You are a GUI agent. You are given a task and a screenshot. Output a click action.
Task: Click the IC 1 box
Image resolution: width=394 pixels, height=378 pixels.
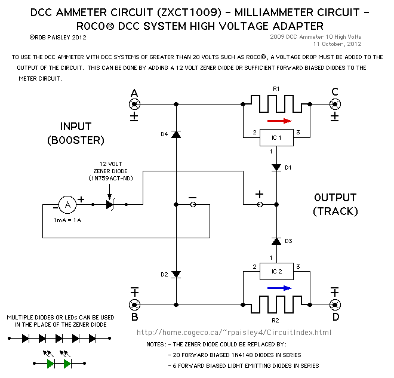tap(275, 138)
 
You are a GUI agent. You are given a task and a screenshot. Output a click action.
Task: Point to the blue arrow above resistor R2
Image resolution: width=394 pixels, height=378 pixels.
tap(279, 288)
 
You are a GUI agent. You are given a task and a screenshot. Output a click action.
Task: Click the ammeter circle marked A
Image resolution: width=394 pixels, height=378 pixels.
tap(67, 205)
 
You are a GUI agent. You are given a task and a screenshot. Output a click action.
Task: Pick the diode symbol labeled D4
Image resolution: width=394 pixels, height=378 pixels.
tap(176, 134)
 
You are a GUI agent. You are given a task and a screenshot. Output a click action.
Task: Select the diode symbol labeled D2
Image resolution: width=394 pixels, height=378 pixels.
tap(176, 274)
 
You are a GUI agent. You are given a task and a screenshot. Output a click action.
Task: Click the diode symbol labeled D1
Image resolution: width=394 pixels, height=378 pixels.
tap(275, 168)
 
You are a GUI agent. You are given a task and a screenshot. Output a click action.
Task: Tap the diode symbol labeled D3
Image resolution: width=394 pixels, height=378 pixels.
tap(275, 241)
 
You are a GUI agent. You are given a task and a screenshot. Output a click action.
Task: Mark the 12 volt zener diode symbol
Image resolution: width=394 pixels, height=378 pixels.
tap(110, 205)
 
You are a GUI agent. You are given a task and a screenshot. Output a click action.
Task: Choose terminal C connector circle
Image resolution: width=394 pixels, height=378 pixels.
tap(335, 103)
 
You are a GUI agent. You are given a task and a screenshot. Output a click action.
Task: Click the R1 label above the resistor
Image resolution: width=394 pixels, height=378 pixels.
tap(275, 88)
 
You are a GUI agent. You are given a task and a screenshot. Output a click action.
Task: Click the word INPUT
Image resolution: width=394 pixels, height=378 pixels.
tap(76, 127)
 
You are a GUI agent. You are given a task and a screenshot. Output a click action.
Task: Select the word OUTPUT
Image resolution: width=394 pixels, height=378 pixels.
tap(335, 198)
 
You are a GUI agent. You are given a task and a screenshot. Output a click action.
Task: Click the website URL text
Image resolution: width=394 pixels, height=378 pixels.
tap(233, 333)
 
